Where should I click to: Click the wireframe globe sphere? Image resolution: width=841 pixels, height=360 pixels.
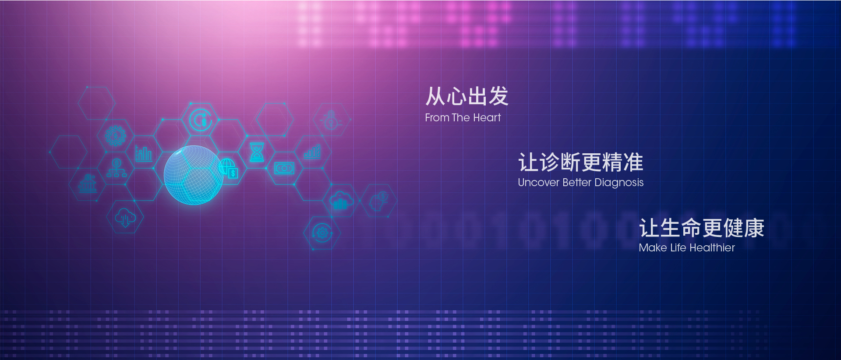coord(194,175)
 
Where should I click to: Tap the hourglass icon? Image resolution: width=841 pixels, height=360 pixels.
coord(257,152)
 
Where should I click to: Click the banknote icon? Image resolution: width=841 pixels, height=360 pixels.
coord(284,168)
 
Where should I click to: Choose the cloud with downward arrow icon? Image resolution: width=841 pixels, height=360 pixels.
coord(125,217)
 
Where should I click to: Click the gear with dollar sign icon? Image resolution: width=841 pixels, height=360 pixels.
coord(115,136)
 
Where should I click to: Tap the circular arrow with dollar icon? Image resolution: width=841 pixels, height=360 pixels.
coord(201,120)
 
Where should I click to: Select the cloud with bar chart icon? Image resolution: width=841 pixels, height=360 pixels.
coord(341,200)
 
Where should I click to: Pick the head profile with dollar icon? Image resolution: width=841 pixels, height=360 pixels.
coord(379,201)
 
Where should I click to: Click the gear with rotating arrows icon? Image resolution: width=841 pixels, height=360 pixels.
coord(322,233)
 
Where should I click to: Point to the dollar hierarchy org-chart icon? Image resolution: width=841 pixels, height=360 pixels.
coord(117,168)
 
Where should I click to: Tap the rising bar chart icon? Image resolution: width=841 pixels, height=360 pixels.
coord(312,152)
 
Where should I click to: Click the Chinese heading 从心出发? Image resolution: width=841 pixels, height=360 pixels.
coord(467,96)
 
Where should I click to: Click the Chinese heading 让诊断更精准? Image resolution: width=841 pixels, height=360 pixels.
coord(581,162)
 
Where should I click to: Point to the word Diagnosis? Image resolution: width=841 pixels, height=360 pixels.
coord(619,183)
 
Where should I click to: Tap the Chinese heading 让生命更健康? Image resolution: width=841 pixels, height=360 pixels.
coord(702,228)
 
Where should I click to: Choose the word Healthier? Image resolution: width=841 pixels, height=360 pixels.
coord(712,248)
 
